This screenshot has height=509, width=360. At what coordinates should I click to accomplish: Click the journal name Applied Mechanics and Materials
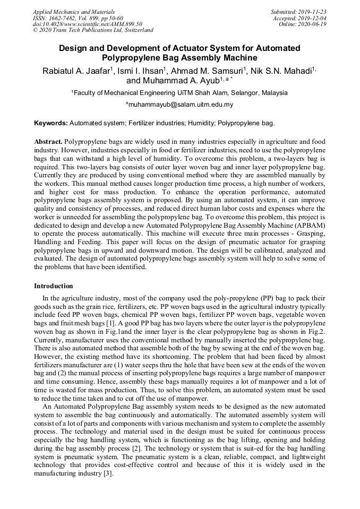74,11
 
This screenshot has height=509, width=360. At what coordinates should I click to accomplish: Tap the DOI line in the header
88,24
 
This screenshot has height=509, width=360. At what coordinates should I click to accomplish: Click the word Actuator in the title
199,48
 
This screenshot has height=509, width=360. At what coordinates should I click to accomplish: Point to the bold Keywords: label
51,123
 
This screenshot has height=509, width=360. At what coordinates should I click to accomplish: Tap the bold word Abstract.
48,142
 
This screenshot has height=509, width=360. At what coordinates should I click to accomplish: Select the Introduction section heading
54,286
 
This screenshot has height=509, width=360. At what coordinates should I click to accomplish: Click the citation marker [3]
107,473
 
